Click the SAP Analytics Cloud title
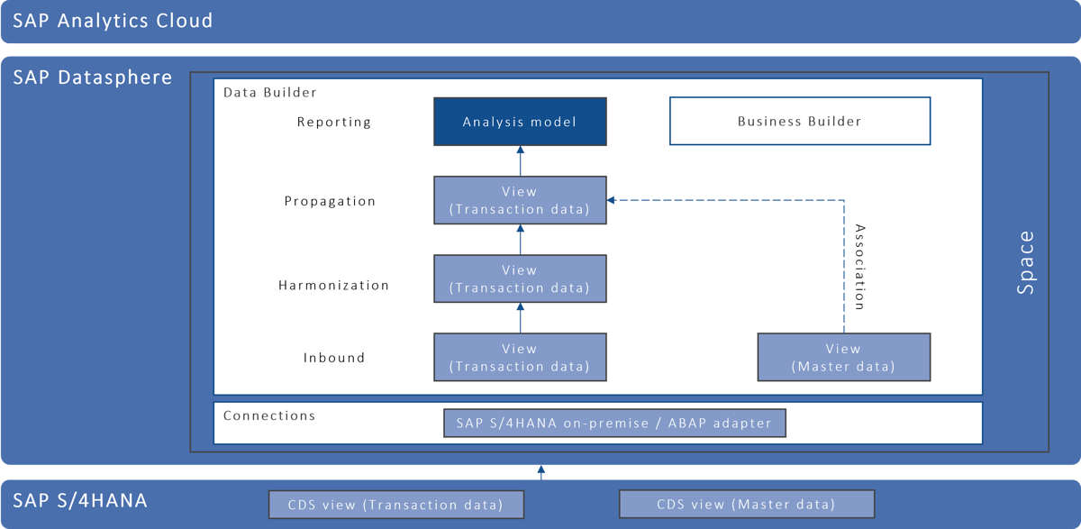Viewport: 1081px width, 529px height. coord(113,20)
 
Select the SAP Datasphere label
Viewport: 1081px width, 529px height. coord(93,78)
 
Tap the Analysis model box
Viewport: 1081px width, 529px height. coord(520,122)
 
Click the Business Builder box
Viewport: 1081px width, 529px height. coord(799,122)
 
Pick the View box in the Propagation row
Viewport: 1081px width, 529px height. coord(520,200)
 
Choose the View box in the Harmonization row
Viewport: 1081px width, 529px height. coord(520,278)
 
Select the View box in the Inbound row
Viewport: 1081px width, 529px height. coord(520,357)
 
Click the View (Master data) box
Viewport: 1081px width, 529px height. coord(843,357)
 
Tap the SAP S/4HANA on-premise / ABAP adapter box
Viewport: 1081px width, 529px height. coord(614,424)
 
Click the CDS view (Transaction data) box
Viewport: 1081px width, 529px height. coord(395,504)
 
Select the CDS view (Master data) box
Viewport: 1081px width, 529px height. coord(746,504)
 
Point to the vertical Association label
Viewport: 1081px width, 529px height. coord(859,267)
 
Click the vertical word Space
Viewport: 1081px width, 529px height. coord(1026,263)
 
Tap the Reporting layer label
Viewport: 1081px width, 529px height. coord(334,122)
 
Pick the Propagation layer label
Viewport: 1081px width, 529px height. coord(330,201)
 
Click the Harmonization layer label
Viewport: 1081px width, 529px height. coord(333,285)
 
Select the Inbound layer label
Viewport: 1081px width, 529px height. coord(334,358)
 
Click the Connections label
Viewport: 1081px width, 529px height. coord(269,415)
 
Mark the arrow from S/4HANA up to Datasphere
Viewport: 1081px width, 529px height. coord(540,471)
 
